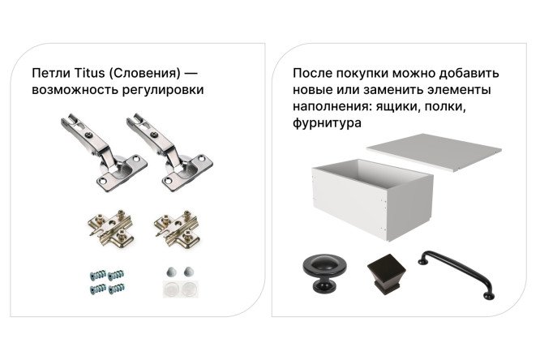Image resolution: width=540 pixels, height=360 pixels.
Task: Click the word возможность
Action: click(x=71, y=89)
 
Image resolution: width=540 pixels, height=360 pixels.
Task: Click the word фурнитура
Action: click(x=326, y=125)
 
